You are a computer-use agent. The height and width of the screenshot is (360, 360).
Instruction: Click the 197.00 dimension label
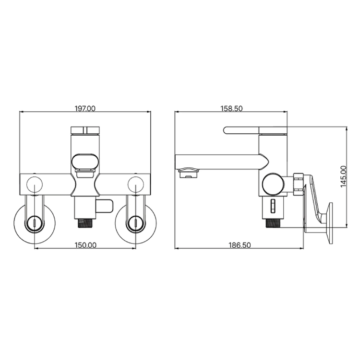[x=85, y=108]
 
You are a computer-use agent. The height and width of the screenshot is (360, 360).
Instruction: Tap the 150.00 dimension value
[x=85, y=245]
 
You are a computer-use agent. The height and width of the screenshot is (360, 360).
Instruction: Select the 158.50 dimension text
[x=231, y=108]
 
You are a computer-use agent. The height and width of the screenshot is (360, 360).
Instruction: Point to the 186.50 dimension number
[x=240, y=245]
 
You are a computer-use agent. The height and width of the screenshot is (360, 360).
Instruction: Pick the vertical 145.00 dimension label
[x=344, y=176]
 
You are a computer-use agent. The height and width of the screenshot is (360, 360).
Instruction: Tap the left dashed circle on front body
[x=35, y=176]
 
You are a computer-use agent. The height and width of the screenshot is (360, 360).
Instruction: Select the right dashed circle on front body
[x=136, y=176]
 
